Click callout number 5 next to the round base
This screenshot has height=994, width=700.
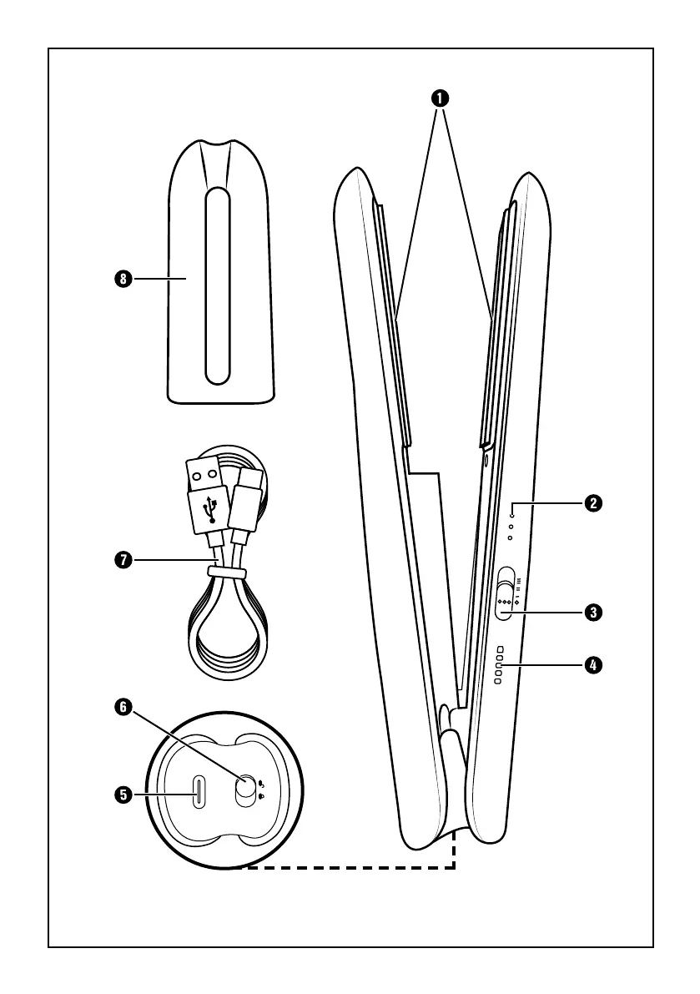point(123,795)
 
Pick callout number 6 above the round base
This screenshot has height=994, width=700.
point(123,707)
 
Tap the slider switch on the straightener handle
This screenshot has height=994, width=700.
point(505,594)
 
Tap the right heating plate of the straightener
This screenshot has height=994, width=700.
point(494,317)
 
